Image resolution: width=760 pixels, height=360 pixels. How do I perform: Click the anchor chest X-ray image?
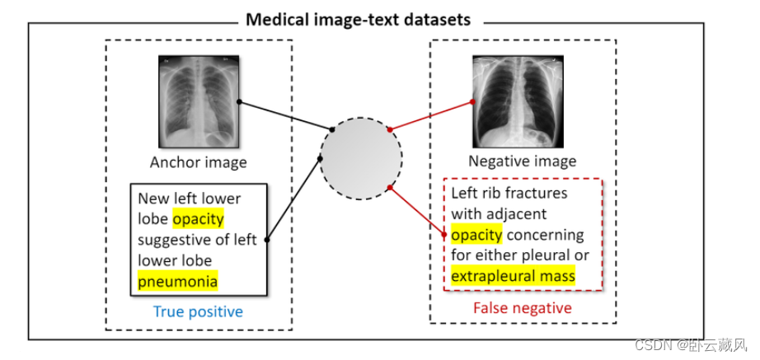pos(198,101)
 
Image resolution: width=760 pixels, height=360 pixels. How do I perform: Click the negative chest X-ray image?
pos(511,101)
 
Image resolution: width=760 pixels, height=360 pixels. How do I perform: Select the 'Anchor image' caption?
pos(198,162)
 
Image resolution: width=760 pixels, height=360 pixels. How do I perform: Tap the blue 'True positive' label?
pos(198,311)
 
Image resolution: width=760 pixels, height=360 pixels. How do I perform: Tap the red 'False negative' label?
pos(522,307)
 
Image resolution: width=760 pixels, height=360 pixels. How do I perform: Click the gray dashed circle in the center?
pos(361,156)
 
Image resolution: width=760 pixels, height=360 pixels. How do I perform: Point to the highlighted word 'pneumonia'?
pos(177,281)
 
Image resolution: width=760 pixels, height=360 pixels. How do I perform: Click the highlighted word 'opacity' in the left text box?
pos(198,219)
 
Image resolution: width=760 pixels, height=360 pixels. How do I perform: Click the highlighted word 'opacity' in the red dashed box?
pos(476,234)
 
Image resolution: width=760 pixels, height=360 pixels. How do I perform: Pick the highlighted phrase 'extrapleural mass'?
pos(513,275)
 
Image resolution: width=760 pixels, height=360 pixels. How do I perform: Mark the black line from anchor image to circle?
pos(285,115)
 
